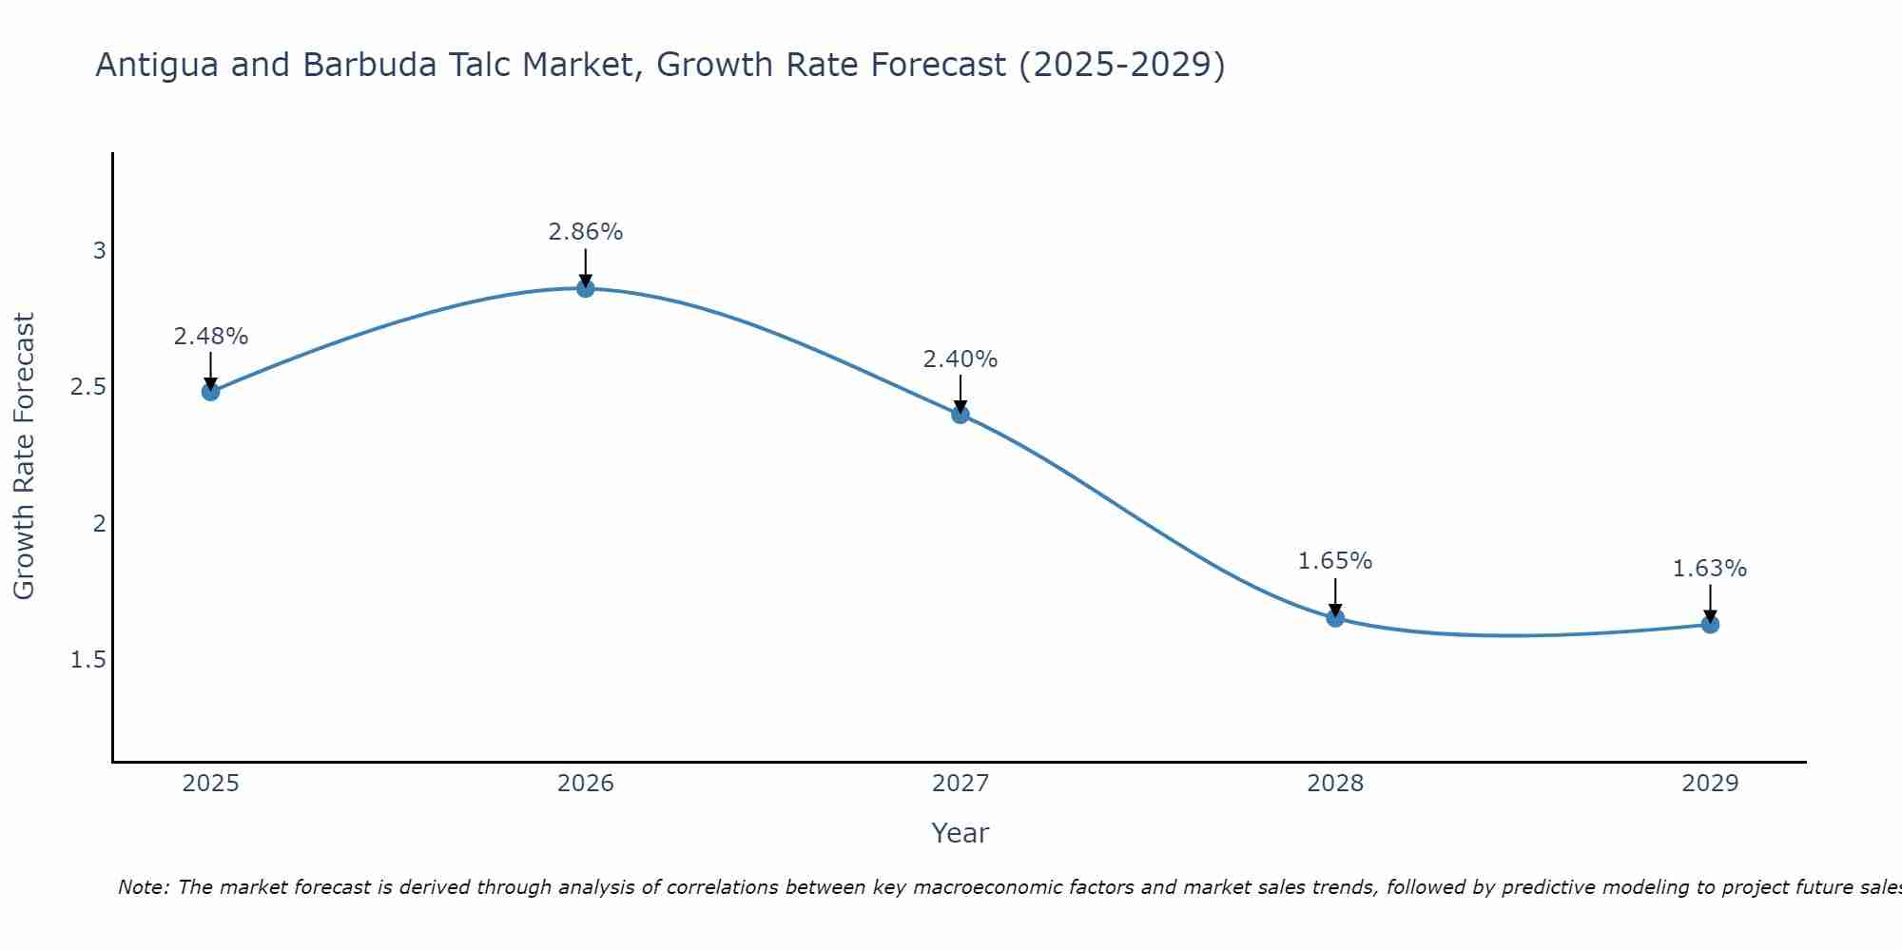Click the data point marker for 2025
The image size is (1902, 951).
pos(211,391)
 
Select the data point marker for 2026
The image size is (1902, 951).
pos(586,288)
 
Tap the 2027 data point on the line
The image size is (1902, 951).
pos(961,414)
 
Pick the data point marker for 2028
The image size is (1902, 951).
pos(1335,618)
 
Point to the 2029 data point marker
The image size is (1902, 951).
pos(1710,625)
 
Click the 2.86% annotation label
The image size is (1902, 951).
pos(586,232)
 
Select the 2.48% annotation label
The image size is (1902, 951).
pos(211,337)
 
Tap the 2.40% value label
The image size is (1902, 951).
pos(961,359)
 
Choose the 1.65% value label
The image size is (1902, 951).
pos(1335,561)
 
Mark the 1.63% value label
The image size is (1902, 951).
pos(1710,569)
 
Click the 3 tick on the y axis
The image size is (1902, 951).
pos(99,251)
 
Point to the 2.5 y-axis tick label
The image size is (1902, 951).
pos(87,387)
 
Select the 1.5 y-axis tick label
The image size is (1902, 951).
pos(87,660)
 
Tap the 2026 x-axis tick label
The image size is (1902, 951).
pos(586,784)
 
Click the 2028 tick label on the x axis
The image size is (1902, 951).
pos(1335,784)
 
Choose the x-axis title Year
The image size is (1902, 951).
pos(961,833)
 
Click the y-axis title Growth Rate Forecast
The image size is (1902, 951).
pos(25,456)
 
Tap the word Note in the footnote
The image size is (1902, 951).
pos(142,887)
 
